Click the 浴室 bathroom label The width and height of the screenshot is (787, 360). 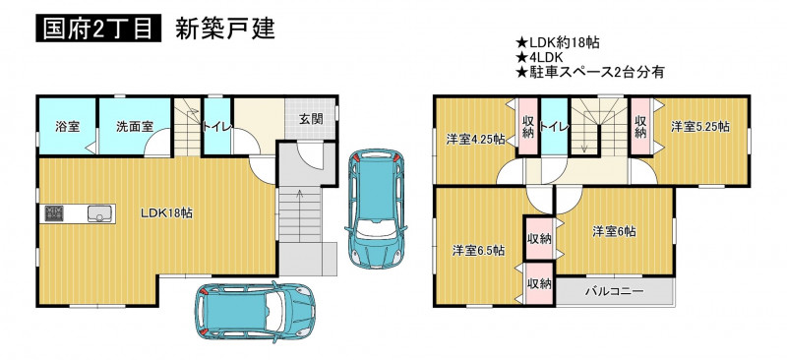67,127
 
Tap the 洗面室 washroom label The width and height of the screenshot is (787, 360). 135,127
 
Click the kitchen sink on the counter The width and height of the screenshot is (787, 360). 101,213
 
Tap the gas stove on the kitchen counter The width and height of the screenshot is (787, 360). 53,213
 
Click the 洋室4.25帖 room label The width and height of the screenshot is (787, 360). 476,140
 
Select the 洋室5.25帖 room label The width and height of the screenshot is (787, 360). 700,127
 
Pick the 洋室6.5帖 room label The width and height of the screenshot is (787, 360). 478,250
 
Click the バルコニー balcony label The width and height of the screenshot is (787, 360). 614,291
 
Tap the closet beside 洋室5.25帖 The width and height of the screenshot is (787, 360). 640,127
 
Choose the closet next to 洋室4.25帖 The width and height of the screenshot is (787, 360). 527,127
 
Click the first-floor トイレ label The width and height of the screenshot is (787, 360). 216,127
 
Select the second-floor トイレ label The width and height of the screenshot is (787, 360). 554,127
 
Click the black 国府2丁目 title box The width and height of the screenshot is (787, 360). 98,30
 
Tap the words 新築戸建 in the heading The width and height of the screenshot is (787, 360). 225,30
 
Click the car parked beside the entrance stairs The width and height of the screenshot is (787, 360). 376,209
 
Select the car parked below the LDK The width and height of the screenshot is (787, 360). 255,313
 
